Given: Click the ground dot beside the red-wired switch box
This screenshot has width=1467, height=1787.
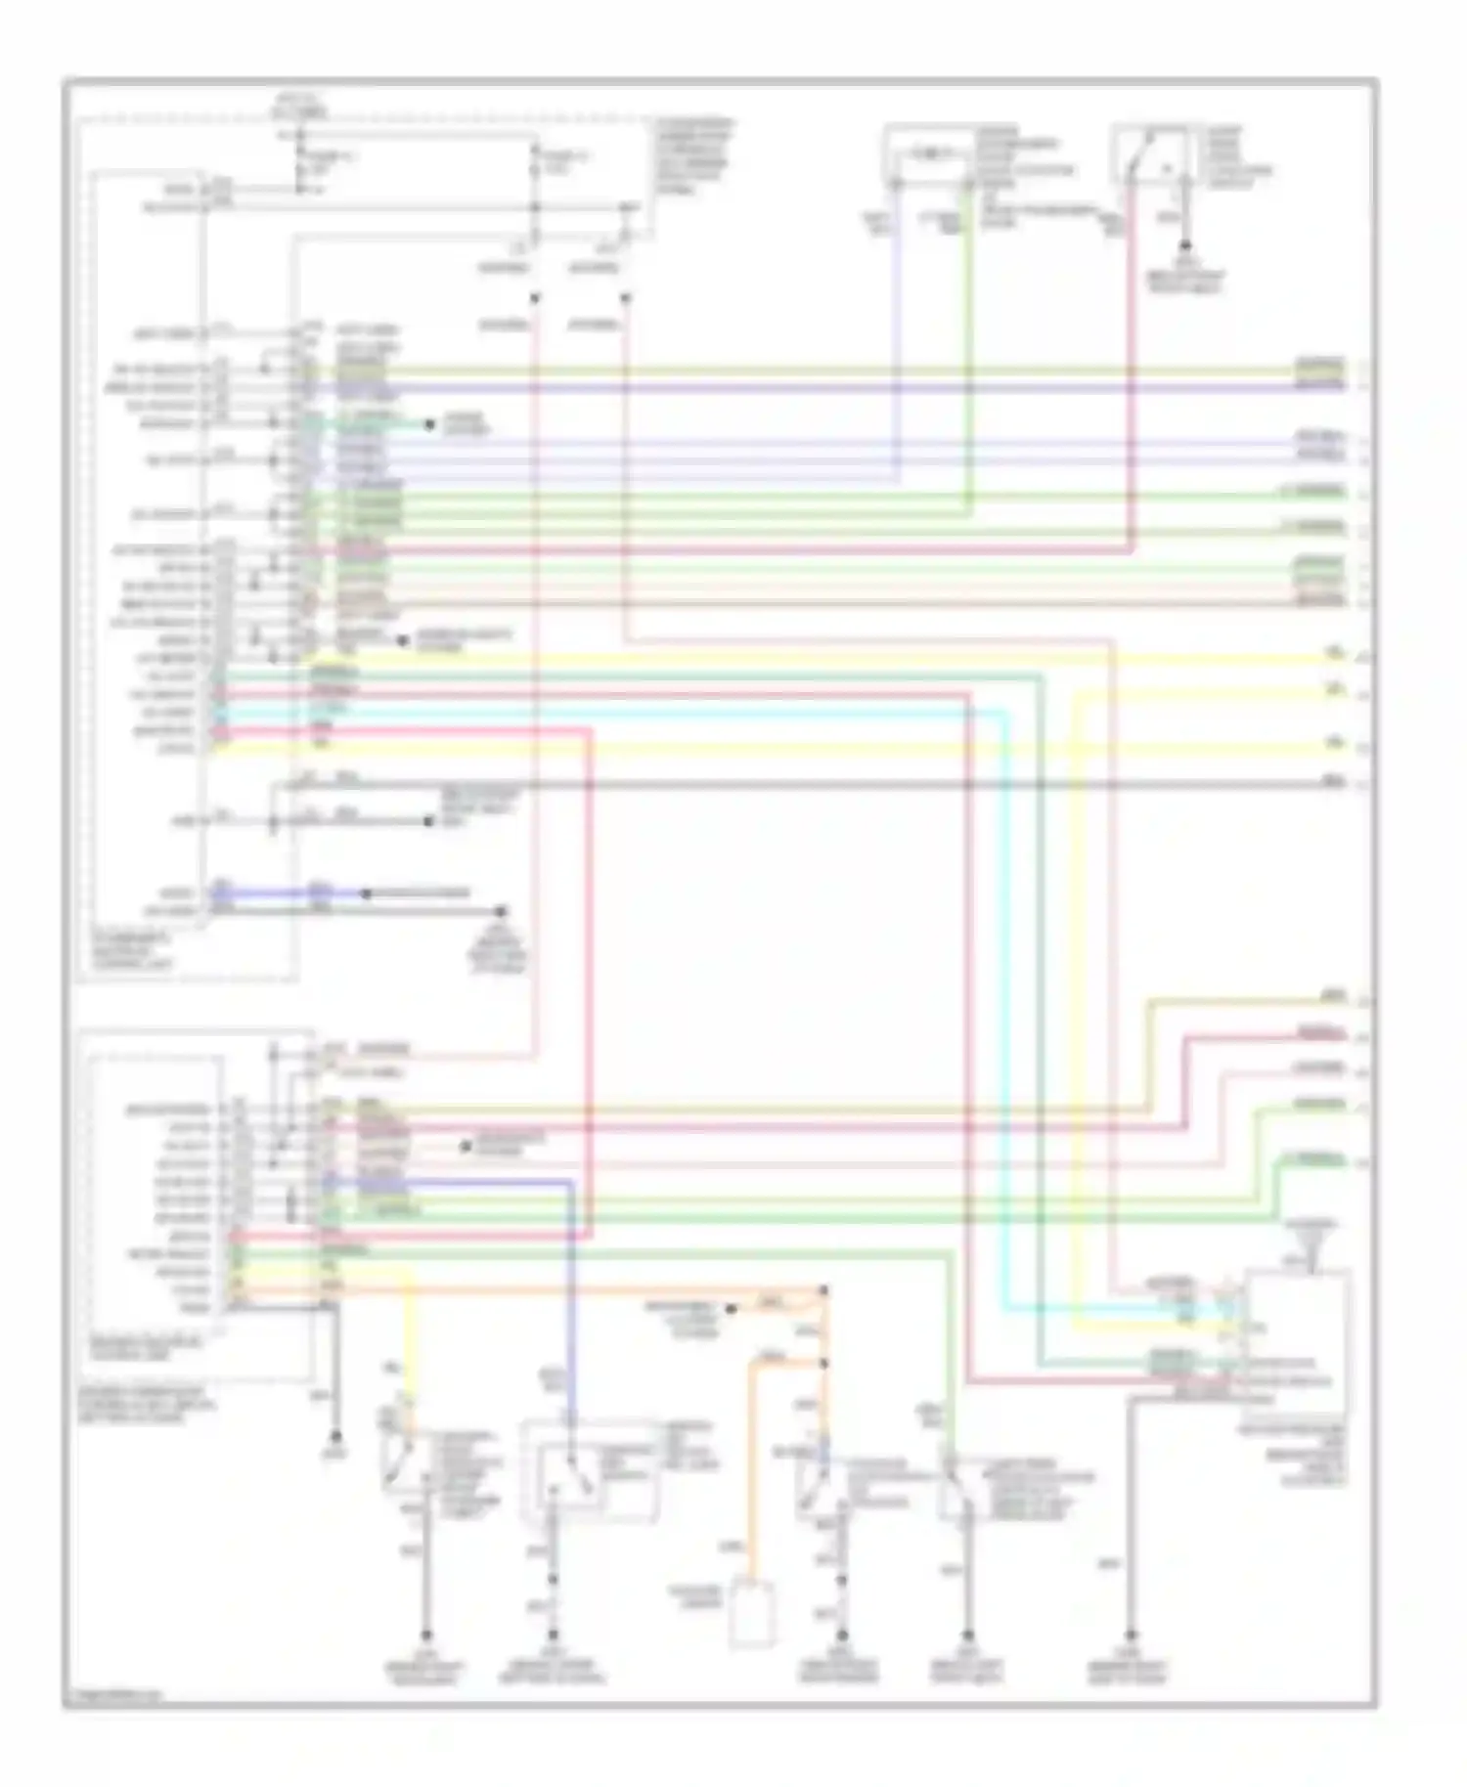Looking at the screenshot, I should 1185,244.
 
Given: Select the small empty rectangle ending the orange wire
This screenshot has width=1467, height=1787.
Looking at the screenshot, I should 752,1611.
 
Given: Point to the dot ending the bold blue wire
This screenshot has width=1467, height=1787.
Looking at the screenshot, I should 366,893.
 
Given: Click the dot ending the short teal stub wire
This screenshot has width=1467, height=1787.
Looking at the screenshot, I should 428,424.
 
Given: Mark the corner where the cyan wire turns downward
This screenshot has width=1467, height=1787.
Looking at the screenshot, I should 1002,714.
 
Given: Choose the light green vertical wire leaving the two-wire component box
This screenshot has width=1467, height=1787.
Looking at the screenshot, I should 968,342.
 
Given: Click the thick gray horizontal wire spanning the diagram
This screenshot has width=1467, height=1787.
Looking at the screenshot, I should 782,784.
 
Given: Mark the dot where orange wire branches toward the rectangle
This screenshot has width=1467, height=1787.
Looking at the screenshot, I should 823,1363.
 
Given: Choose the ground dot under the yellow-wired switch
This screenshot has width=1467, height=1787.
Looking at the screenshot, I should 425,1634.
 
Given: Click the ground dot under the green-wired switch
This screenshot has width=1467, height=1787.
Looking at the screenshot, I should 967,1634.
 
